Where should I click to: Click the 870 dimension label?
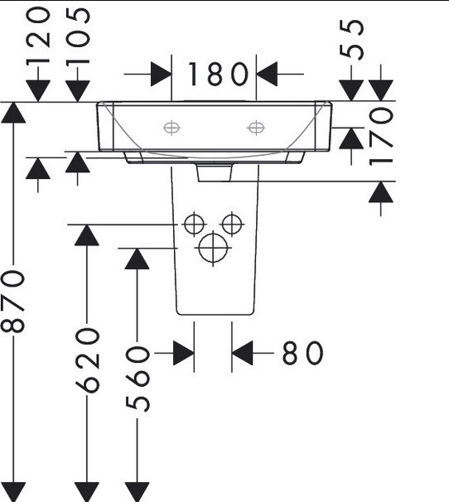click(13, 302)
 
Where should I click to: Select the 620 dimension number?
click(87, 360)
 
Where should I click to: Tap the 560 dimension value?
click(138, 379)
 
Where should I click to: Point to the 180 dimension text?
click(218, 75)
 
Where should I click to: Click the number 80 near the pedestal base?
click(302, 353)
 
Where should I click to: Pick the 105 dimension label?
click(78, 36)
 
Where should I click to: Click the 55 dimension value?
click(351, 40)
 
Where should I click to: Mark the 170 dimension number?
click(381, 137)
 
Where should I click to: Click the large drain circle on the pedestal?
click(213, 249)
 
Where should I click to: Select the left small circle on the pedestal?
click(194, 224)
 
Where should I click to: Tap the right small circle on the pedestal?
click(232, 224)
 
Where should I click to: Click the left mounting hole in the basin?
click(171, 128)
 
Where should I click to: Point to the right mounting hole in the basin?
click(256, 128)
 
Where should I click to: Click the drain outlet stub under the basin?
click(215, 172)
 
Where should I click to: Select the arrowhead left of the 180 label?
click(161, 75)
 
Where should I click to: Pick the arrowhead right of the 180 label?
click(267, 75)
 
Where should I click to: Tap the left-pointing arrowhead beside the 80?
click(242, 353)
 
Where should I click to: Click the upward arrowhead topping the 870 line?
click(13, 113)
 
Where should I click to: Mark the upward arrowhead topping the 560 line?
click(137, 258)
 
